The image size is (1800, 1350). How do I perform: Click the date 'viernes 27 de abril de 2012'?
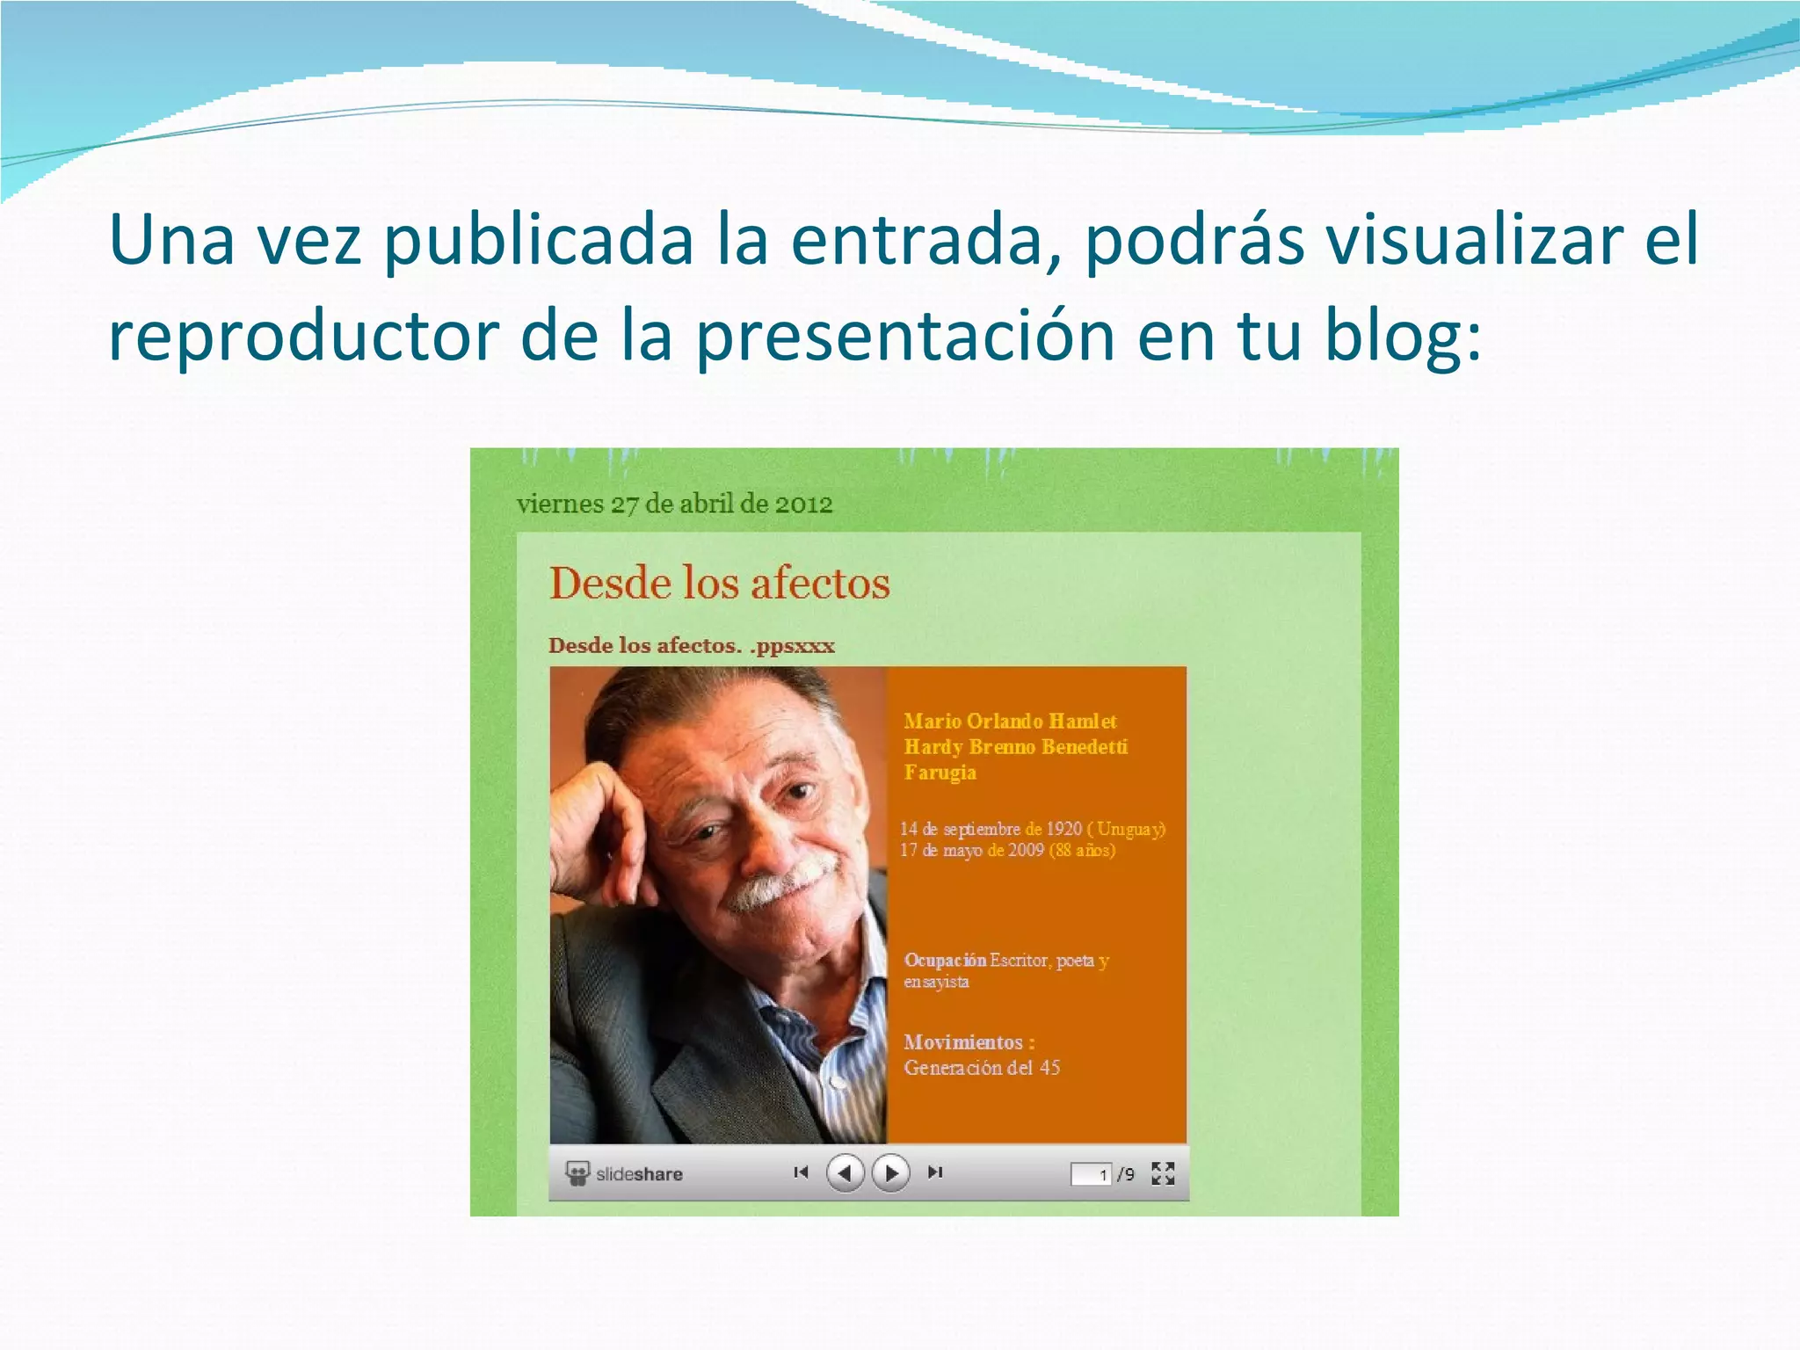click(x=674, y=504)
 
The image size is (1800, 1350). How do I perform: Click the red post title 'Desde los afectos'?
click(x=720, y=583)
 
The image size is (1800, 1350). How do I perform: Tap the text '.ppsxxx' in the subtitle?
click(x=792, y=645)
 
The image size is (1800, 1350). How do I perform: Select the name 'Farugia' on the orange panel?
click(x=940, y=773)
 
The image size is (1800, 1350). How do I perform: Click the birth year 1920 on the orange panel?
click(x=1063, y=829)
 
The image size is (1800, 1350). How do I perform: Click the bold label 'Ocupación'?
click(x=945, y=960)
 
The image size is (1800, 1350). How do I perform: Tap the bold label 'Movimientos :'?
click(x=969, y=1042)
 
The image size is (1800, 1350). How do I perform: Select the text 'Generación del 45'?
click(x=982, y=1068)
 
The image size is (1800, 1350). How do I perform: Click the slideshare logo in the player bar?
click(x=625, y=1173)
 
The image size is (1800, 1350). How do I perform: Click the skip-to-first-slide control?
click(x=801, y=1172)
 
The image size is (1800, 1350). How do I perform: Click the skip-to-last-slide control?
click(x=935, y=1172)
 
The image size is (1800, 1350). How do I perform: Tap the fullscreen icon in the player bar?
click(x=1163, y=1173)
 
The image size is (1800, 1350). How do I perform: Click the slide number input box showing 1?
click(x=1091, y=1174)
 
